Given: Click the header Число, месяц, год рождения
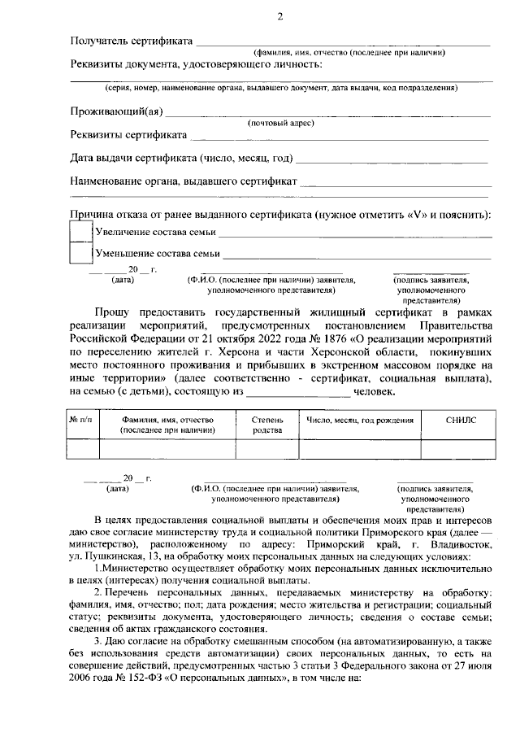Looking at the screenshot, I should (359, 421).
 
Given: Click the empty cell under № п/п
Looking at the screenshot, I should (82, 449).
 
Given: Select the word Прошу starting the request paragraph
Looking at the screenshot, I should (112, 313).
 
